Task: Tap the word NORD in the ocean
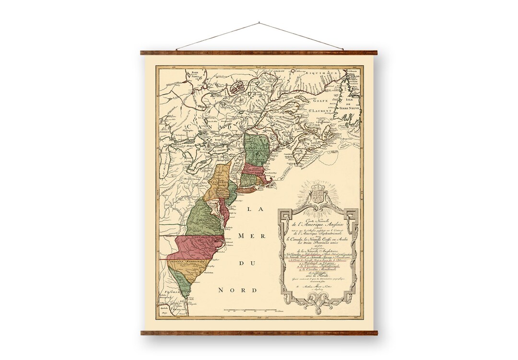tap(238, 290)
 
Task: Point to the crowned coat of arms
tap(318, 194)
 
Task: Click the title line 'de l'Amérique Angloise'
tap(318, 223)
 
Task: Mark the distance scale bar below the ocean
tap(249, 311)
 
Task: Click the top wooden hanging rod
tap(259, 52)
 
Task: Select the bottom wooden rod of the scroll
tap(259, 332)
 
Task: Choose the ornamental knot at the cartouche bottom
tap(318, 300)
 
